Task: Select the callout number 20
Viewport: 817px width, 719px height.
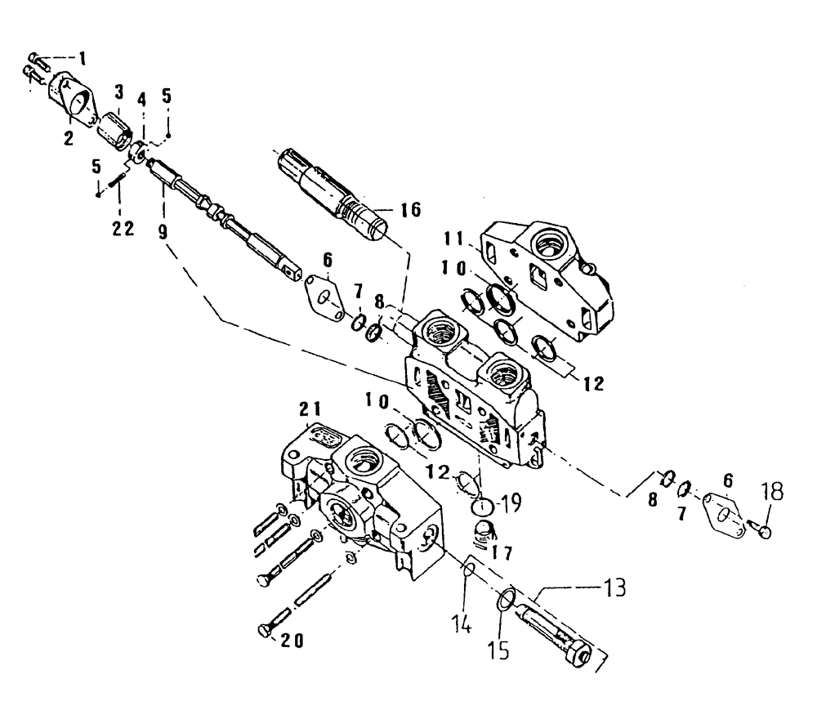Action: tap(286, 641)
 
